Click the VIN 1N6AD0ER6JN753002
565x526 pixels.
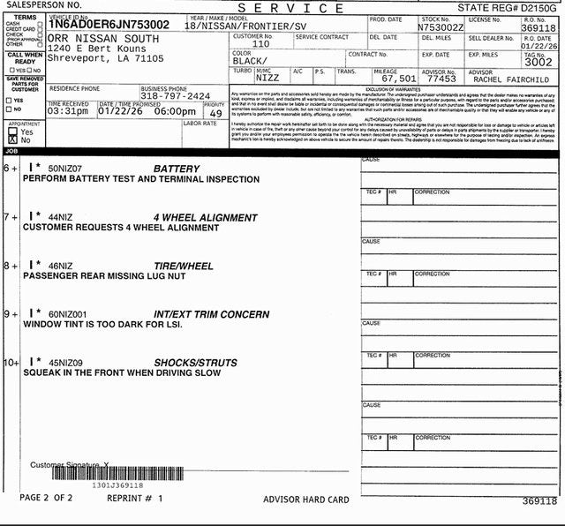tap(109, 25)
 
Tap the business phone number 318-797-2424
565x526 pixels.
tap(175, 96)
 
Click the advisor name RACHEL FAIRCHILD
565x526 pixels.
tap(511, 79)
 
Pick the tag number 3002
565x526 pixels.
tap(538, 63)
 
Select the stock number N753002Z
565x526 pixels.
tap(441, 27)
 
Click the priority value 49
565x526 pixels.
tap(215, 113)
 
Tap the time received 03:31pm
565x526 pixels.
tap(68, 111)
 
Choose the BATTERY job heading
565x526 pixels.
tap(177, 169)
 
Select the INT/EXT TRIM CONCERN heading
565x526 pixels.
tap(211, 314)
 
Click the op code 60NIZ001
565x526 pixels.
tap(69, 314)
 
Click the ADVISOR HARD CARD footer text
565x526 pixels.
tap(305, 500)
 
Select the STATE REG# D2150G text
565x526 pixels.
tap(507, 7)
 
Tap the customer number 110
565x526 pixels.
tap(260, 43)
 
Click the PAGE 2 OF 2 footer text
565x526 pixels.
tap(46, 498)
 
